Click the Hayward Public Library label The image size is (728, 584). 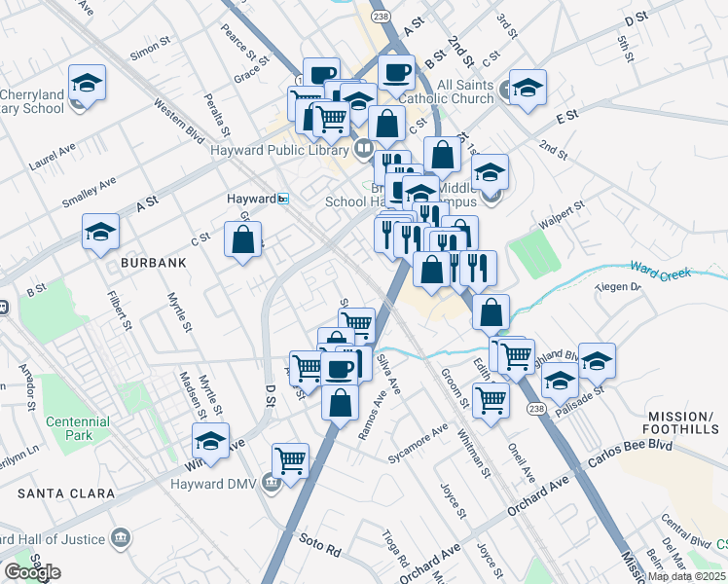[x=280, y=150]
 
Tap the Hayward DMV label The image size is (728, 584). [x=212, y=484]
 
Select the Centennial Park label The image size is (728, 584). [x=77, y=428]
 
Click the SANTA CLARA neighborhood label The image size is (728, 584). [x=57, y=494]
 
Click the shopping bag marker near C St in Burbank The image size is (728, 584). [x=242, y=239]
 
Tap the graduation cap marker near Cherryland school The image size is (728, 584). [x=87, y=82]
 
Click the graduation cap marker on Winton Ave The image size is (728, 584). [x=210, y=441]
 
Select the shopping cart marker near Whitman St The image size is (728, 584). [x=491, y=399]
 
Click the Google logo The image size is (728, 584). [x=32, y=572]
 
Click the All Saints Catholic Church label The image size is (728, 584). [x=464, y=91]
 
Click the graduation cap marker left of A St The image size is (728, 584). [x=100, y=232]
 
